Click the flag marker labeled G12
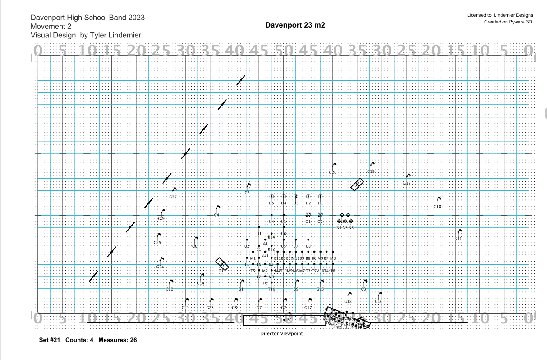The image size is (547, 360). coord(408,176)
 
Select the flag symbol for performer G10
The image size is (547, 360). coord(439,199)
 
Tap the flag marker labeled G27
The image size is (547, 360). coord(175,190)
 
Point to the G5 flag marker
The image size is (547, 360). coord(248,185)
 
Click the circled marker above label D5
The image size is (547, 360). coord(271,197)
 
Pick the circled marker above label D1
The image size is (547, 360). coord(320,197)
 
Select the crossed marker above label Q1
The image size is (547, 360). coord(308,215)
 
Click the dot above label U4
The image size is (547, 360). coord(271,215)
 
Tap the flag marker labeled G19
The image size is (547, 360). coord(372,164)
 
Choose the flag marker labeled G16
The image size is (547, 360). coord(380,294)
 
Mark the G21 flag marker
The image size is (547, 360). coord(187,300)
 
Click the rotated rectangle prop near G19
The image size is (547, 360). coord(357,184)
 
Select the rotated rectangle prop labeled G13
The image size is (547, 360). coord(222,264)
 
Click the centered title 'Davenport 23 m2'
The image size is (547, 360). coord(295,25)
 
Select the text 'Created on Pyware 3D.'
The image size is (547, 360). coord(508,22)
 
